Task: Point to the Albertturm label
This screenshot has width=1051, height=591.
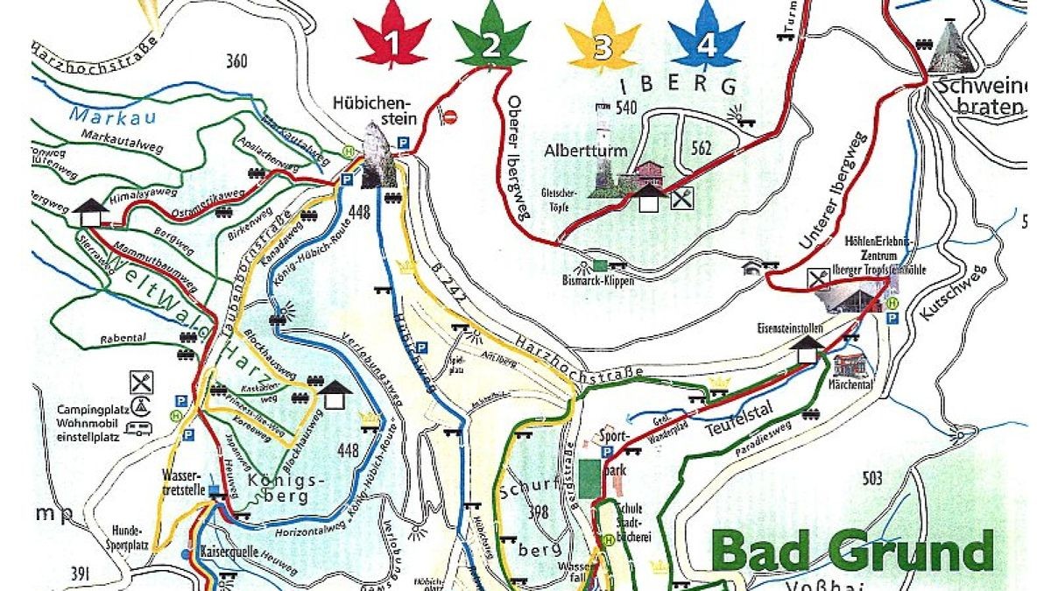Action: (x=586, y=150)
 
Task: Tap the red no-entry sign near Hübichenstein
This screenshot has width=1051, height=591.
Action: (x=450, y=116)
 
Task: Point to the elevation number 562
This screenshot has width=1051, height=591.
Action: (x=701, y=148)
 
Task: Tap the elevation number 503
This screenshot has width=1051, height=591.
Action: (x=872, y=478)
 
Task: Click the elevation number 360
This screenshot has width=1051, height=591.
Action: (x=236, y=61)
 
